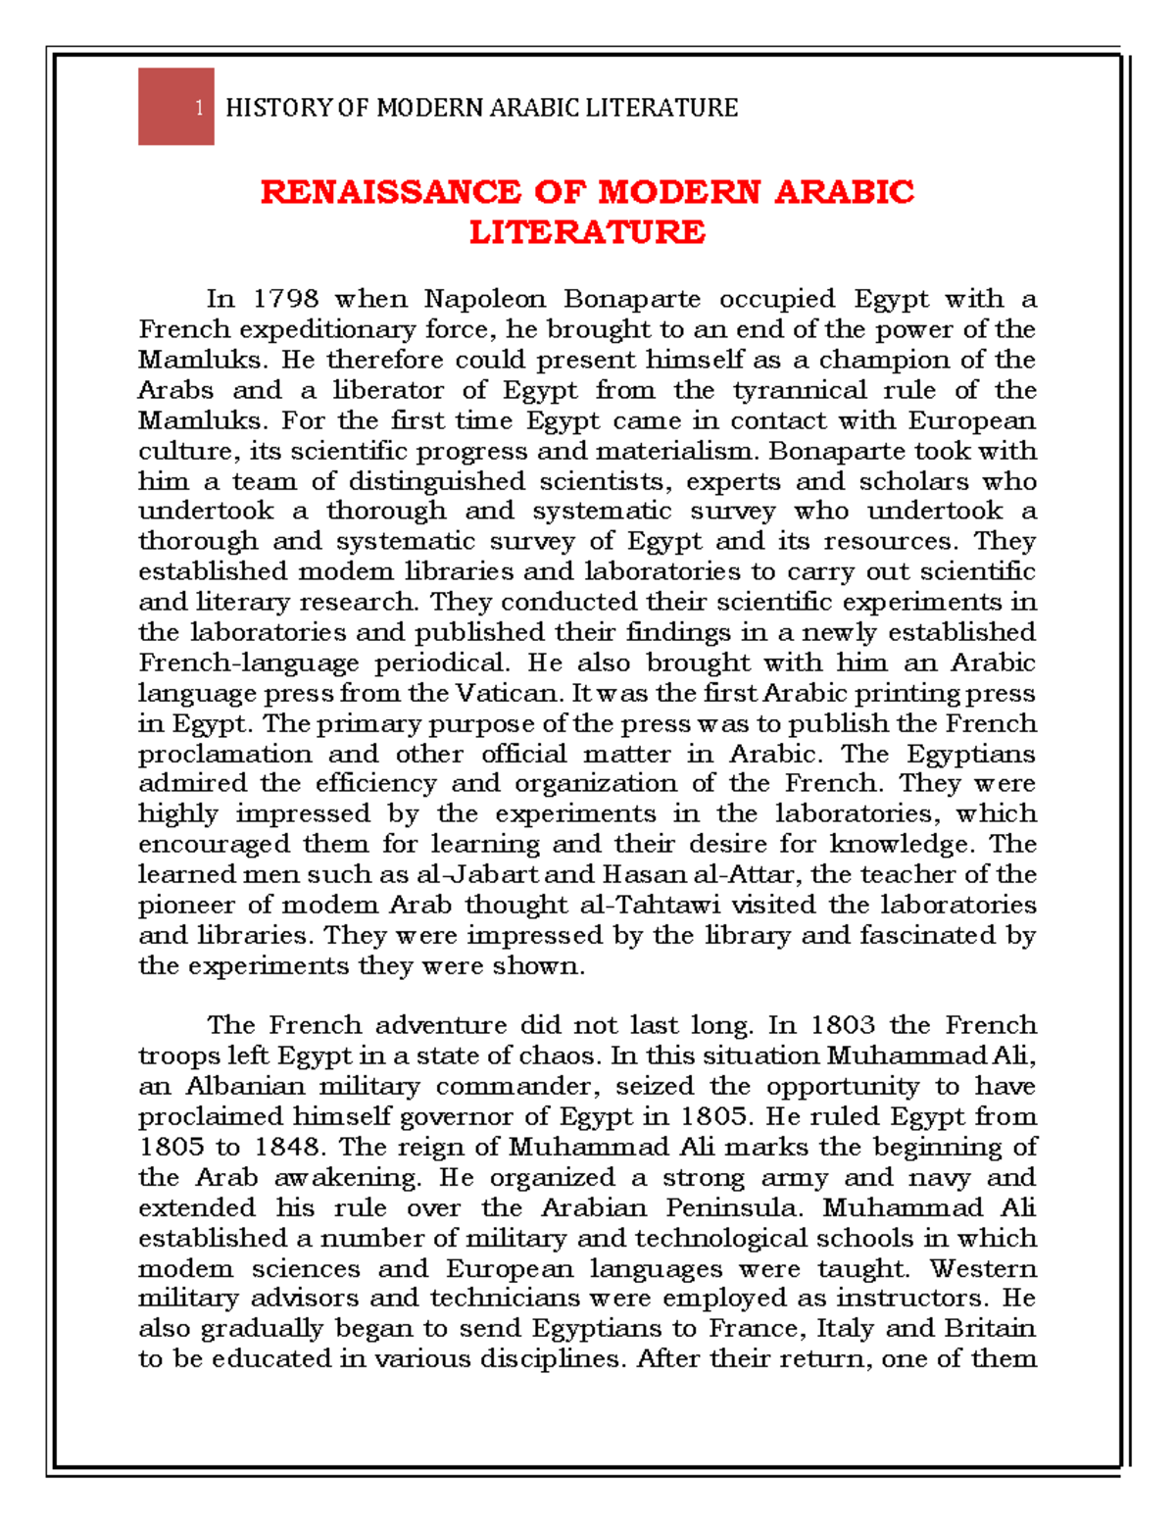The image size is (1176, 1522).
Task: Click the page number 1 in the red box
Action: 199,108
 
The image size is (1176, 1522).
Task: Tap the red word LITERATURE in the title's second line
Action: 587,232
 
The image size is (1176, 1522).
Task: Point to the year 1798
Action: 286,299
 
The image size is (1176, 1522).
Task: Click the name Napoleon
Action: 484,299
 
